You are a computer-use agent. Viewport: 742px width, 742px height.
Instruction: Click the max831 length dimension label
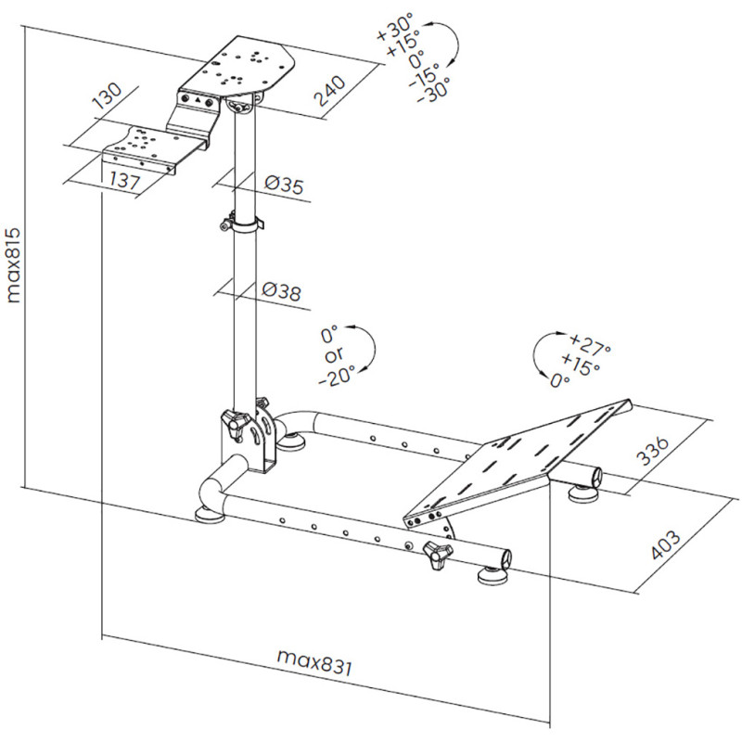[x=316, y=662]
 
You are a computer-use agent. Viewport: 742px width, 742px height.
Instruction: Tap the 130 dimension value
[x=108, y=96]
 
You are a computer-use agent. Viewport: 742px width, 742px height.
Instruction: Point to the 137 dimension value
[x=123, y=179]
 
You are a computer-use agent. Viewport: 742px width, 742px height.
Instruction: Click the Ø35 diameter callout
[x=283, y=185]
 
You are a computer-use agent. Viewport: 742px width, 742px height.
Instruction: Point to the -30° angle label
[x=432, y=90]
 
